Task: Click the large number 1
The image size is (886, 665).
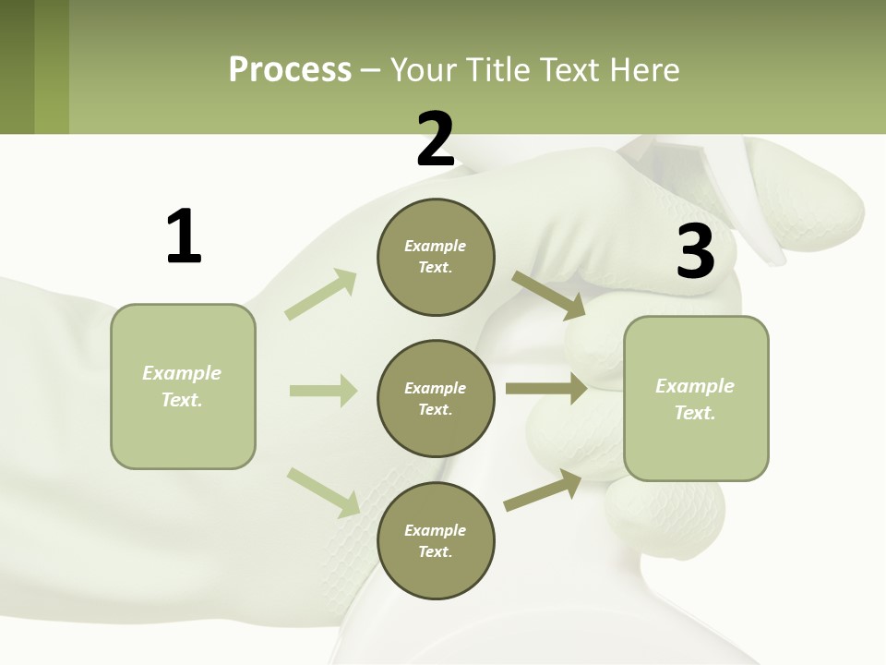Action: pyautogui.click(x=184, y=236)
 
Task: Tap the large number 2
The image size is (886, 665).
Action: pyautogui.click(x=436, y=139)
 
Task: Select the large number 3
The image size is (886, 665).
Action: pyautogui.click(x=696, y=251)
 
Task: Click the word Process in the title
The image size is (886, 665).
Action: pyautogui.click(x=290, y=69)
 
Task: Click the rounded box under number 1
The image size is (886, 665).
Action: pyautogui.click(x=183, y=386)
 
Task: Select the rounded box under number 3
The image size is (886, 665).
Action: pyautogui.click(x=696, y=399)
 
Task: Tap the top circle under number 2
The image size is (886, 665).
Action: pyautogui.click(x=436, y=257)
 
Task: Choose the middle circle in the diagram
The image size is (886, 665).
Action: pyautogui.click(x=436, y=399)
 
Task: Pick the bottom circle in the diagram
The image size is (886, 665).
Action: pyautogui.click(x=436, y=541)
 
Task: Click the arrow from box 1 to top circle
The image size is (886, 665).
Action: pyautogui.click(x=321, y=295)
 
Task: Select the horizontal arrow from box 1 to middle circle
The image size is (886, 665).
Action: pyautogui.click(x=323, y=391)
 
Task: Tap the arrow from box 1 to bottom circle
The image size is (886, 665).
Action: pyautogui.click(x=323, y=492)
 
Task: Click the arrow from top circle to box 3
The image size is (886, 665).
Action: pyautogui.click(x=548, y=295)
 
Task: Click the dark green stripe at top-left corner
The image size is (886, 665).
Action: pyautogui.click(x=17, y=66)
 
